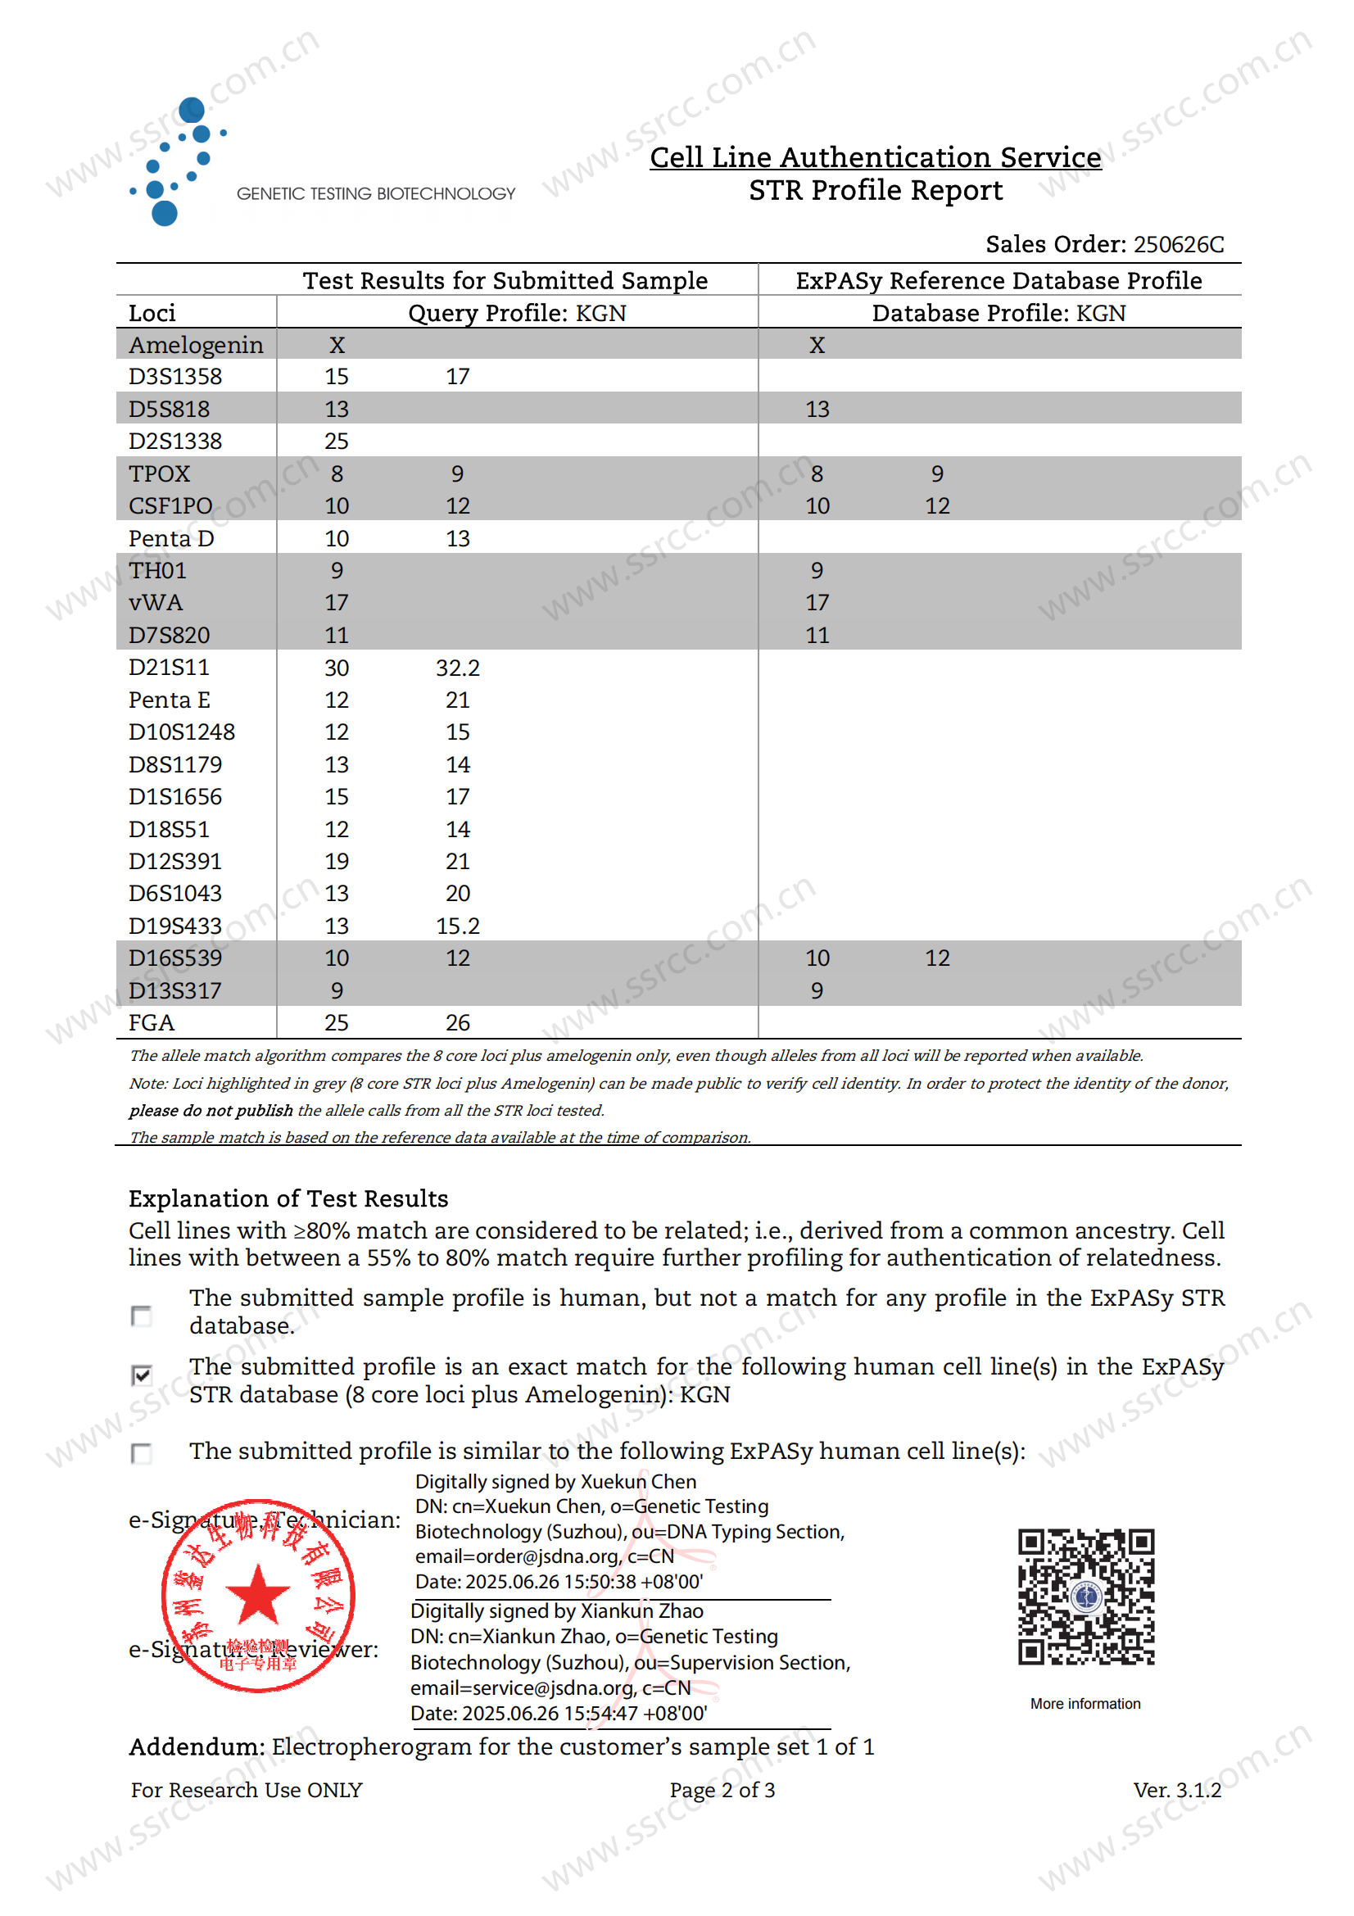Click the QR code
(x=1085, y=1597)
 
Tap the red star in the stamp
(x=258, y=1594)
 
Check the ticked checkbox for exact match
(x=142, y=1375)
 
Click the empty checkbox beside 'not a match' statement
(x=142, y=1316)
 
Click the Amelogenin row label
(x=195, y=345)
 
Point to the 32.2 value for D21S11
(x=457, y=668)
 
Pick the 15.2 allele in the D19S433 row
(x=457, y=926)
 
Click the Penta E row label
(x=170, y=700)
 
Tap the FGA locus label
(x=151, y=1022)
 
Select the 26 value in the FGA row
(x=457, y=1022)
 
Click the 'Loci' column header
(x=152, y=313)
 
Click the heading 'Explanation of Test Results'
(x=288, y=1198)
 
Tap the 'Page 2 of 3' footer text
(x=722, y=1790)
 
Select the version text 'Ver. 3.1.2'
(x=1176, y=1790)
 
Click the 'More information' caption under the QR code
(x=1085, y=1703)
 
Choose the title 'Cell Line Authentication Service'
(x=875, y=157)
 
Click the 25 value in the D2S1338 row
(x=336, y=441)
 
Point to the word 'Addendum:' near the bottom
(x=197, y=1746)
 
